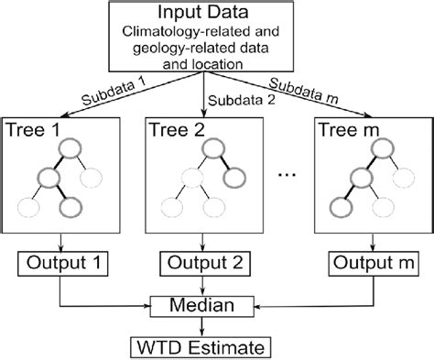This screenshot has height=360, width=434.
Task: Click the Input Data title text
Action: (216, 16)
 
